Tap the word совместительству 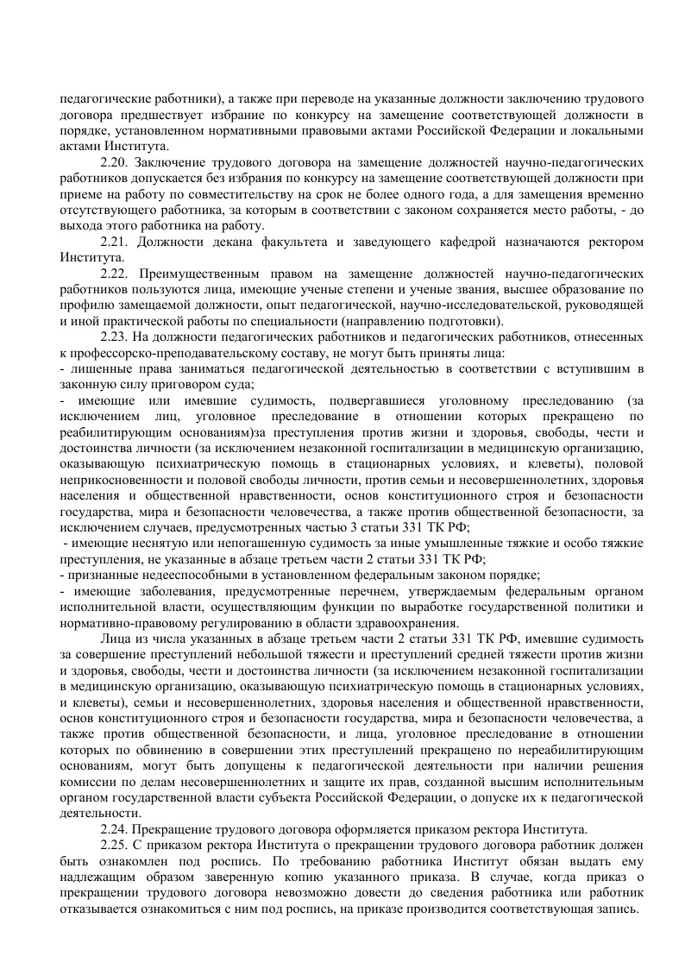(x=243, y=194)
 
